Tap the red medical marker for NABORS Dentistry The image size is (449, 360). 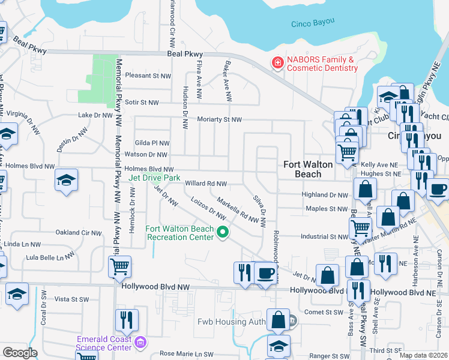pos(277,63)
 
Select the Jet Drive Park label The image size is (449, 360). pos(154,178)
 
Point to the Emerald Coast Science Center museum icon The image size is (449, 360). pos(140,343)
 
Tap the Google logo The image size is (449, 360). pos(20,353)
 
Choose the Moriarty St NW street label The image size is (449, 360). pos(219,120)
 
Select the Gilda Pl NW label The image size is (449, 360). pos(152,143)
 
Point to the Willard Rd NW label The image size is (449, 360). pos(206,184)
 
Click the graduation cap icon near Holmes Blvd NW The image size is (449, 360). pos(66,179)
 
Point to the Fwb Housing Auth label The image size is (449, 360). pos(232,322)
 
